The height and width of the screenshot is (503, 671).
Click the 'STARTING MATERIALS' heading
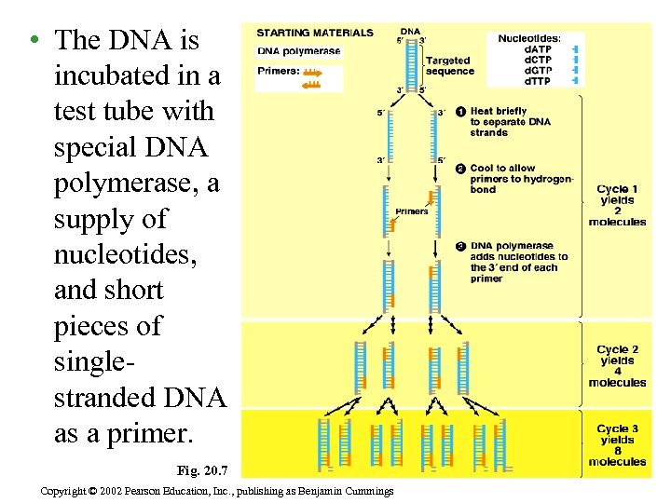pos(314,33)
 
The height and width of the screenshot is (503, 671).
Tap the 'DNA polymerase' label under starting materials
pos(298,51)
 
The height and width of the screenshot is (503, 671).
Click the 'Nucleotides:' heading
pos(529,38)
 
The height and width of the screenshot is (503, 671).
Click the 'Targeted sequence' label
pos(450,66)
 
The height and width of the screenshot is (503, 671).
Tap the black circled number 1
pos(461,112)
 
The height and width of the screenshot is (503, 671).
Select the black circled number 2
pos(461,169)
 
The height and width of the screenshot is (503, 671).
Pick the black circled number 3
pos(461,246)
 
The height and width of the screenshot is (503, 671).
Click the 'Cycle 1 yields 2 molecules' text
pos(616,205)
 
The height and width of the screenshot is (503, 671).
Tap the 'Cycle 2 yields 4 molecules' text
pos(616,366)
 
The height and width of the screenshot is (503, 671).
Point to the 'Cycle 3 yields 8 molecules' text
pos(616,445)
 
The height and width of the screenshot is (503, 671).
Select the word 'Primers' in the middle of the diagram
pos(411,211)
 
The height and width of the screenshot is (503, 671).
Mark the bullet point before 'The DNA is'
pos(33,40)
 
